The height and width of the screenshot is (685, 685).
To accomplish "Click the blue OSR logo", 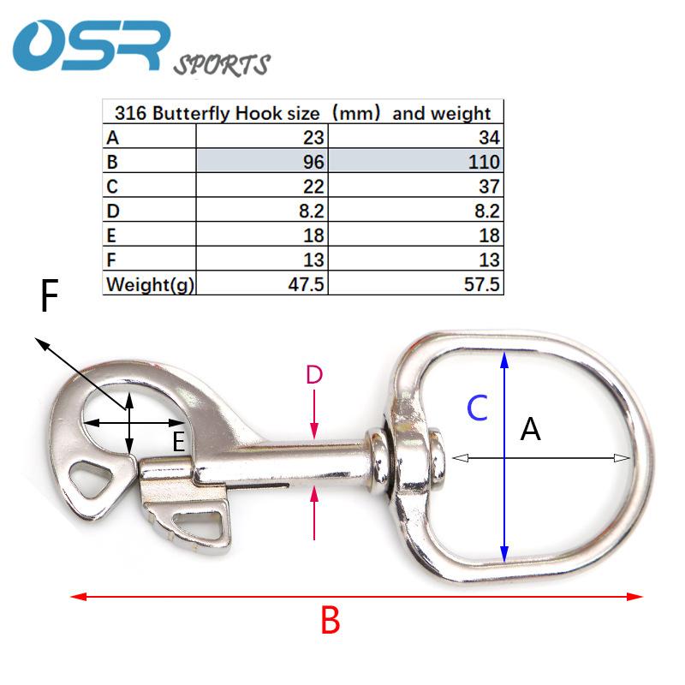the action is (x=92, y=45).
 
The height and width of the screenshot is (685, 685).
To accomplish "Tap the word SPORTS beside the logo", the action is (x=222, y=65).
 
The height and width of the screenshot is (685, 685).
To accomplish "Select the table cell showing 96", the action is (x=262, y=161).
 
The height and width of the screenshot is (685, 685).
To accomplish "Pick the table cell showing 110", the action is (x=415, y=161).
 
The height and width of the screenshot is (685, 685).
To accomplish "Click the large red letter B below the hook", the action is (x=331, y=621).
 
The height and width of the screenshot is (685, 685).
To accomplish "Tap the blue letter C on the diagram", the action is (x=477, y=408).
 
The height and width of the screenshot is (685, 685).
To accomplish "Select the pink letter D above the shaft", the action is (x=314, y=375).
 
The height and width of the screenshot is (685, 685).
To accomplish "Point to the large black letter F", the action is (x=50, y=295).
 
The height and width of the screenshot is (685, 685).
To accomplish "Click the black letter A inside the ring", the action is (x=530, y=429).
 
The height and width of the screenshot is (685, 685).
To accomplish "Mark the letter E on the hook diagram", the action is (x=178, y=442).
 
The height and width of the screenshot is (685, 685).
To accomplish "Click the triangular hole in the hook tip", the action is (x=91, y=479).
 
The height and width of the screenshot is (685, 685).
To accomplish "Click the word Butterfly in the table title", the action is (x=191, y=114).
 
